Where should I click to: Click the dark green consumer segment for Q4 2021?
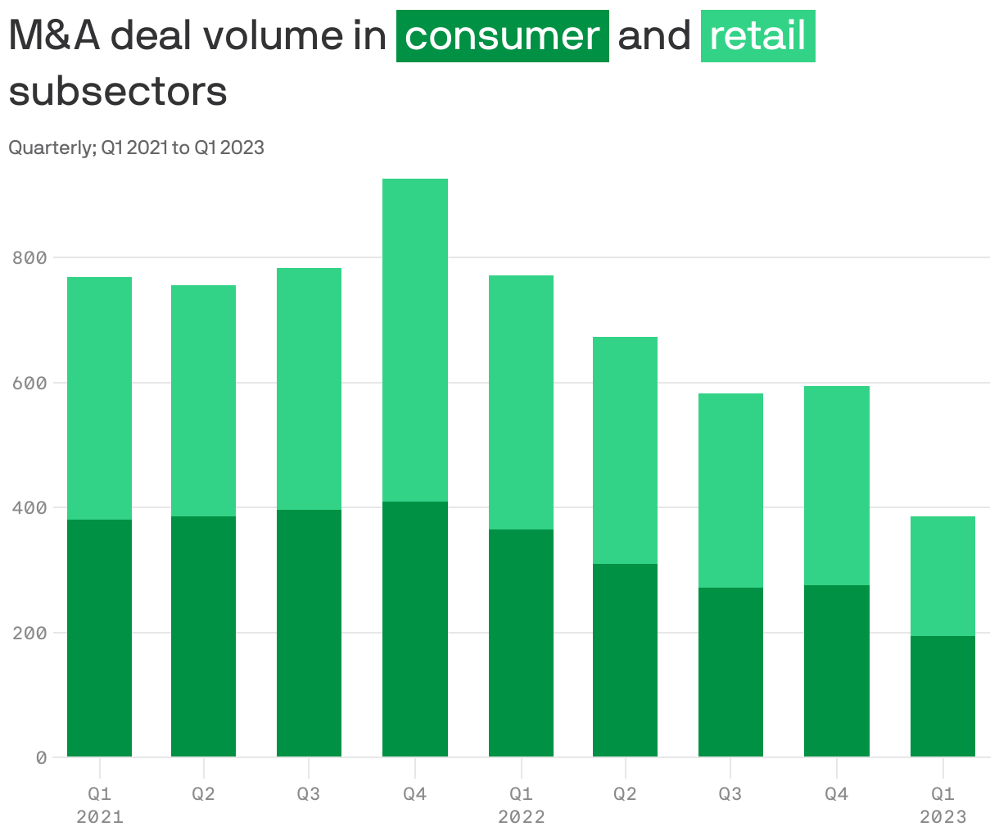[x=414, y=629]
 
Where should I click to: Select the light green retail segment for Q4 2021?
[x=414, y=340]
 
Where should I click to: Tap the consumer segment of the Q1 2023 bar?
[x=942, y=696]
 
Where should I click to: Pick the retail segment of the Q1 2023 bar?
[x=942, y=576]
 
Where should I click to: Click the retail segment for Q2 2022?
[x=625, y=450]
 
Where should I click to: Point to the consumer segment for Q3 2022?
[x=730, y=672]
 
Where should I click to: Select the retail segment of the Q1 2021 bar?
[x=99, y=398]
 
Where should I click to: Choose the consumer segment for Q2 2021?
[x=203, y=636]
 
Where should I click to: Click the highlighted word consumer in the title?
[x=502, y=36]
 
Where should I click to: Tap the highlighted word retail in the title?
[x=757, y=36]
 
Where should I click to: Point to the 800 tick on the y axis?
[x=29, y=258]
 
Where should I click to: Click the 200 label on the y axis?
[x=29, y=634]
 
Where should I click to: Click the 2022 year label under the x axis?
[x=521, y=817]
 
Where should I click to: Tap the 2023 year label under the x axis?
[x=942, y=817]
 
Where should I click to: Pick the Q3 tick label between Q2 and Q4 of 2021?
[x=308, y=794]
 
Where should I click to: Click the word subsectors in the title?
[x=118, y=92]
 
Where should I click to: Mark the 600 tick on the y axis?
[x=29, y=383]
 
